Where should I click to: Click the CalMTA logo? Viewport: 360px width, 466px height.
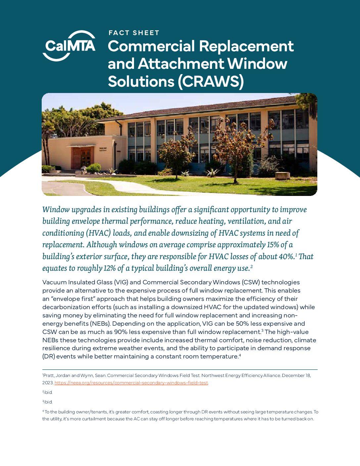click(x=69, y=46)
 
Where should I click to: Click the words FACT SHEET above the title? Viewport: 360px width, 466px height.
click(x=134, y=33)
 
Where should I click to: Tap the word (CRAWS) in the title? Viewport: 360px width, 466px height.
click(x=211, y=81)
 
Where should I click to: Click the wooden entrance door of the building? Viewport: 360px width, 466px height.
click(x=81, y=158)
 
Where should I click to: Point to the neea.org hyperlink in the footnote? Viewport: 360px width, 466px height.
click(x=131, y=383)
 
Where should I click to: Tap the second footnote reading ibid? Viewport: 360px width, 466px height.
click(x=48, y=393)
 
